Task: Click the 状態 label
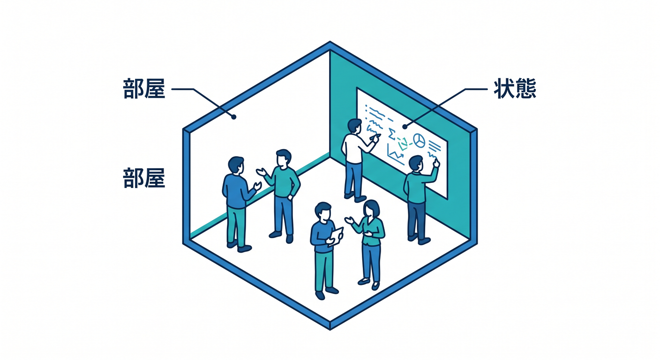pyautogui.click(x=515, y=89)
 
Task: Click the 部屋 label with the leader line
pyautogui.click(x=144, y=89)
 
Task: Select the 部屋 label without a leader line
pyautogui.click(x=144, y=178)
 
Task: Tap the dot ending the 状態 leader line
pyautogui.click(x=405, y=127)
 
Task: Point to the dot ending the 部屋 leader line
pyautogui.click(x=233, y=117)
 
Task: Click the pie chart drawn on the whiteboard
pyautogui.click(x=419, y=140)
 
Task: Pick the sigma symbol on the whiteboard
pyautogui.click(x=391, y=134)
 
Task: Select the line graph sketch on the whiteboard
pyautogui.click(x=396, y=154)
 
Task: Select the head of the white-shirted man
pyautogui.click(x=354, y=126)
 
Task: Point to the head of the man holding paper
pyautogui.click(x=323, y=211)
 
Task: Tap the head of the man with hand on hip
pyautogui.click(x=284, y=158)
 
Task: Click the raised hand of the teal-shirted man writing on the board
pyautogui.click(x=436, y=162)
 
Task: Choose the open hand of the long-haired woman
pyautogui.click(x=349, y=220)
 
